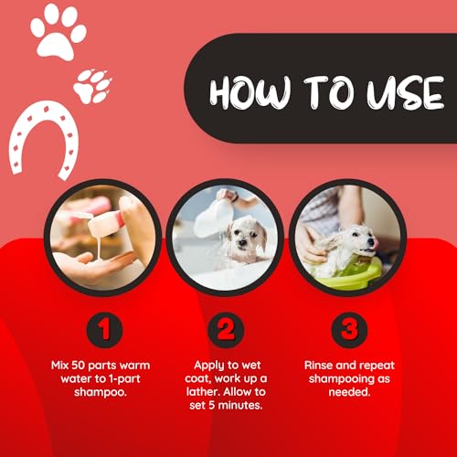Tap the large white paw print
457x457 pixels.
(58, 33)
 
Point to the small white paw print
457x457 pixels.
(92, 86)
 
